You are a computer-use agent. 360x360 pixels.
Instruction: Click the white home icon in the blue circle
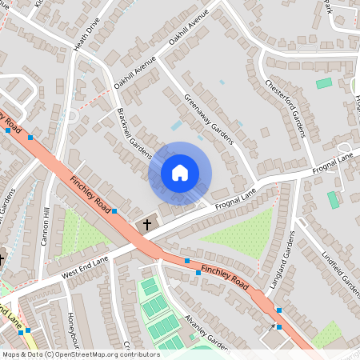(180, 173)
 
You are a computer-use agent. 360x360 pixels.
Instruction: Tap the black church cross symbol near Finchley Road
(146, 225)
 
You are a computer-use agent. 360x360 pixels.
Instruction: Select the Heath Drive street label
(86, 35)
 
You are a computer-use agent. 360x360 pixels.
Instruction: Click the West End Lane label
(82, 269)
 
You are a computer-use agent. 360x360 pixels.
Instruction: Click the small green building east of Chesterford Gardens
(323, 83)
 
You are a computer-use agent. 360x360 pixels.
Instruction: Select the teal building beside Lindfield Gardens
(333, 200)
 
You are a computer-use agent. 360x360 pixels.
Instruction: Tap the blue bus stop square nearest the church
(114, 211)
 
